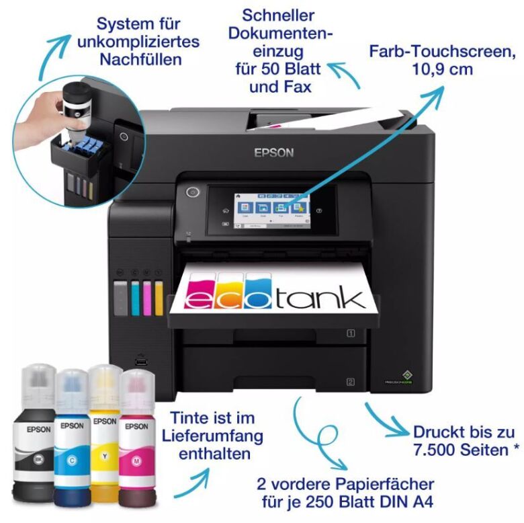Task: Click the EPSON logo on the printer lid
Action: (x=273, y=153)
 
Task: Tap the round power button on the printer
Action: (x=193, y=193)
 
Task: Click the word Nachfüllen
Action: (x=140, y=60)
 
